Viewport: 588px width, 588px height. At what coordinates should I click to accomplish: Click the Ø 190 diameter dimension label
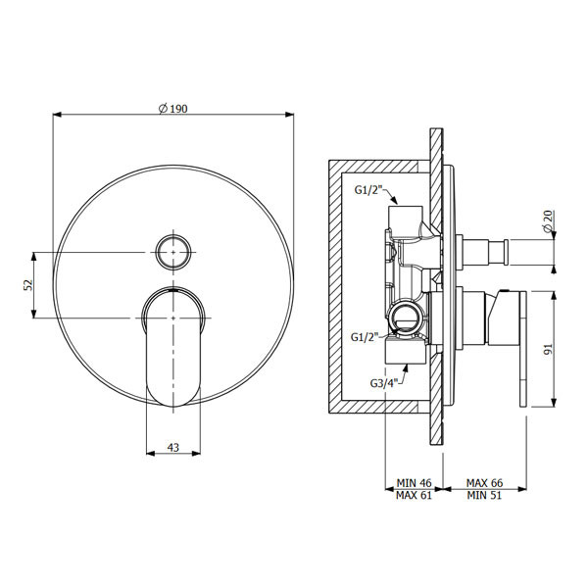click(172, 109)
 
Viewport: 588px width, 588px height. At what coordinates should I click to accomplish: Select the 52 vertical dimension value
click(28, 285)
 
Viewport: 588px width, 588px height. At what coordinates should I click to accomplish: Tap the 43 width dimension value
click(173, 447)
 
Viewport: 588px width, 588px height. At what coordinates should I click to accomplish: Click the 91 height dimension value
click(548, 349)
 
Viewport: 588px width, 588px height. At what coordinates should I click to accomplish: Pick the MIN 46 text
click(414, 482)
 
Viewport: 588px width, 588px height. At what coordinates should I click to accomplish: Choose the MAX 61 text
click(414, 495)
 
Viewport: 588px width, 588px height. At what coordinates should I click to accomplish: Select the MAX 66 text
click(484, 482)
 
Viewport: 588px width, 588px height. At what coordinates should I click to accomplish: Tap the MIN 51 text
click(484, 495)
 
